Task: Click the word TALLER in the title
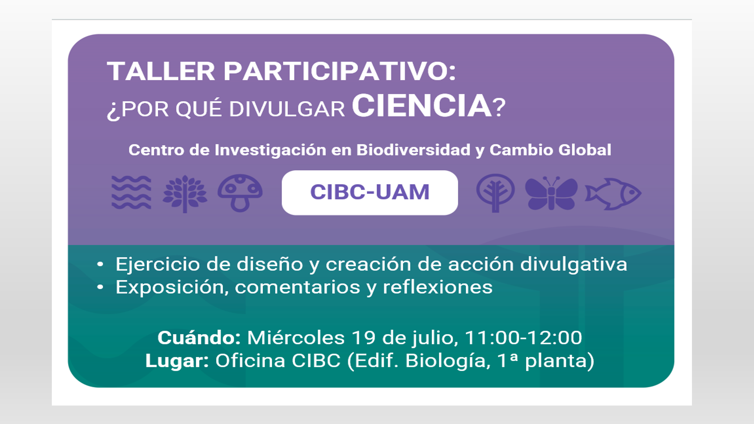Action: click(x=161, y=71)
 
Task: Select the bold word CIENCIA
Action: click(x=421, y=106)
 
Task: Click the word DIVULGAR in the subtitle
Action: click(x=287, y=109)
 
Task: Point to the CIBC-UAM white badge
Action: click(x=370, y=192)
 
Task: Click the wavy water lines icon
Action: click(x=131, y=192)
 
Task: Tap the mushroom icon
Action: click(x=240, y=193)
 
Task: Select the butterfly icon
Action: click(x=551, y=193)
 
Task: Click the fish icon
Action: click(x=613, y=194)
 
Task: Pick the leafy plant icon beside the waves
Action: click(x=185, y=194)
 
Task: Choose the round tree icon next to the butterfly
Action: click(x=495, y=193)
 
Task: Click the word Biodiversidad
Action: click(x=413, y=150)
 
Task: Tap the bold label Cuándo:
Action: click(x=199, y=338)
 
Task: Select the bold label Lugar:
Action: click(x=177, y=361)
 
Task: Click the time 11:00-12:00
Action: click(x=523, y=338)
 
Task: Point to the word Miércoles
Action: click(x=296, y=338)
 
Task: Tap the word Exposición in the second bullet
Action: click(x=172, y=287)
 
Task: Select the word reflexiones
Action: click(x=437, y=287)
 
